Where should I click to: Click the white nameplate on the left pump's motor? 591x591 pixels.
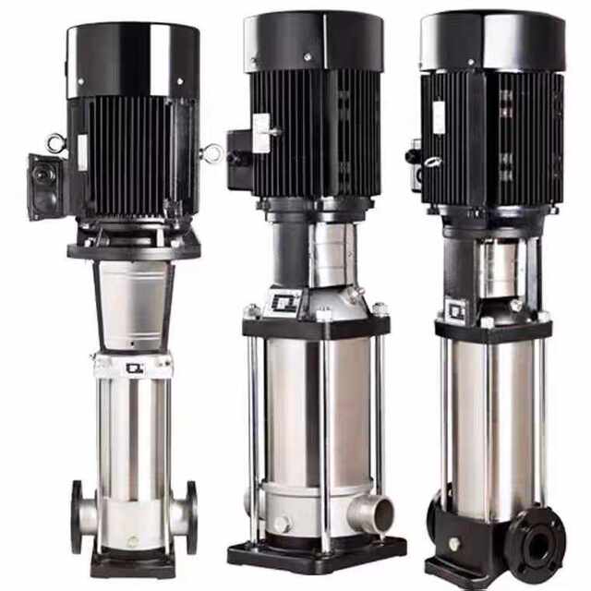[84, 152]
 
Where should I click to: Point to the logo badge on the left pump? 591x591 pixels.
[135, 368]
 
